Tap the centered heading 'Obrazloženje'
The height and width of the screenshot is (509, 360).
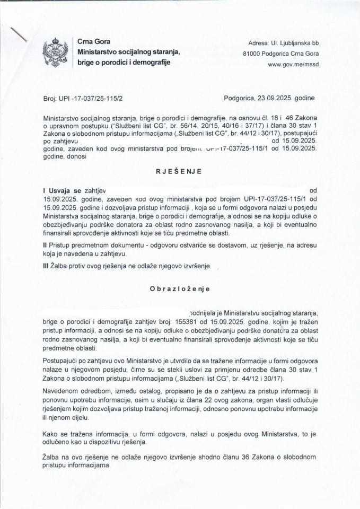(x=179, y=289)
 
